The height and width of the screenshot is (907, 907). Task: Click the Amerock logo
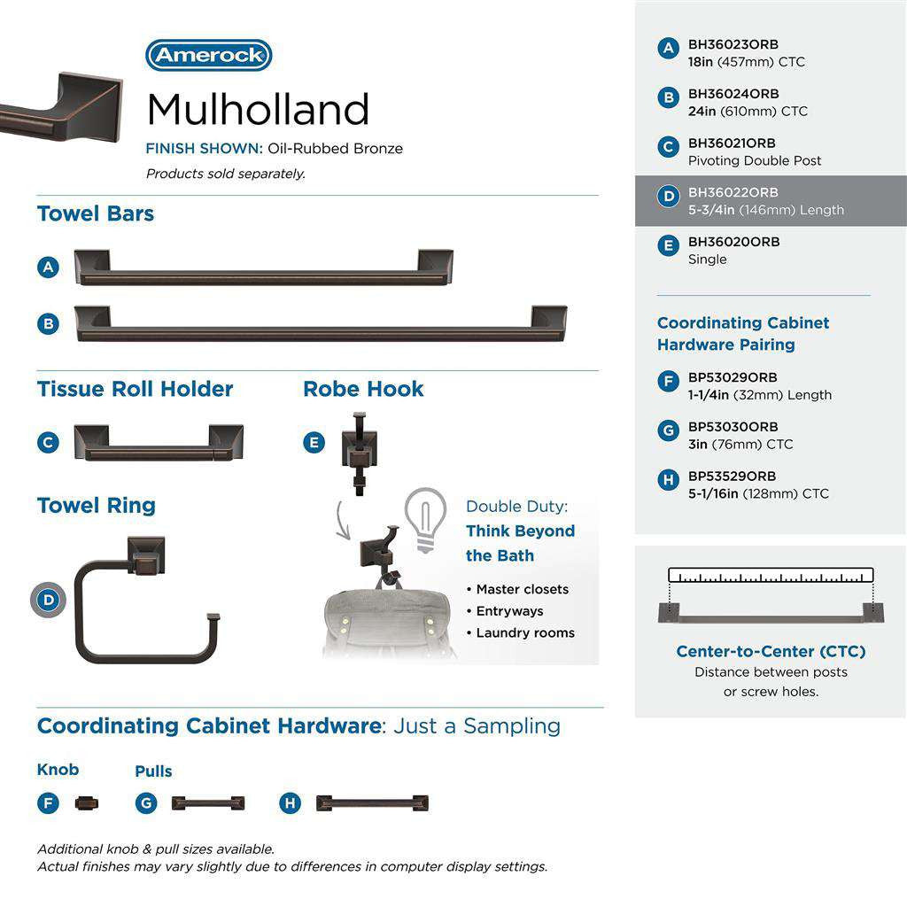click(x=209, y=56)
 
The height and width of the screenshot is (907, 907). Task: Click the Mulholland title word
click(x=257, y=110)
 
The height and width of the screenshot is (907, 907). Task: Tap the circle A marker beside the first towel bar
click(x=49, y=267)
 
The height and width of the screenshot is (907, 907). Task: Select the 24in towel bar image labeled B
click(x=321, y=324)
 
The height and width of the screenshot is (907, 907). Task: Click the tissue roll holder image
click(x=159, y=443)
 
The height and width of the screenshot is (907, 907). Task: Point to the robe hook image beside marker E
click(x=360, y=451)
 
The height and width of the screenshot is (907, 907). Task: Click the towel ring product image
click(x=147, y=602)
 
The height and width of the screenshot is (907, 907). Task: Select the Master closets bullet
click(x=523, y=589)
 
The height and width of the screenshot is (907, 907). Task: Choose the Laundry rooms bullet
click(x=525, y=632)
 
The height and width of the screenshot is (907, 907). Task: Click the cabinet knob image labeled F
click(x=87, y=803)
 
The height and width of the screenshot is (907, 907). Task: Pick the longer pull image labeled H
click(x=372, y=803)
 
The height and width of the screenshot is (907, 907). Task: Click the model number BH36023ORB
click(x=733, y=44)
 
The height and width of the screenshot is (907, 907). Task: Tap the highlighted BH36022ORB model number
click(x=733, y=192)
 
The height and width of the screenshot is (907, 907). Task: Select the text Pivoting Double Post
click(x=755, y=160)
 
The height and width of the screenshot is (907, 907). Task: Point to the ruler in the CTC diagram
click(x=771, y=575)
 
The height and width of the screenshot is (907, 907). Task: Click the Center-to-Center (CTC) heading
click(x=771, y=651)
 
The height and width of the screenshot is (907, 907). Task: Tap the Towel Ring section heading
click(x=96, y=506)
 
